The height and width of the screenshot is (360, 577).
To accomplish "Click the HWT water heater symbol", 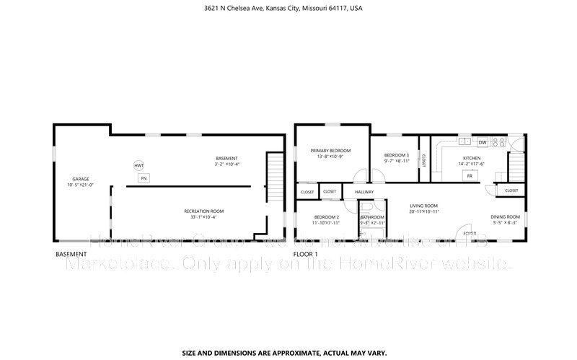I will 138,166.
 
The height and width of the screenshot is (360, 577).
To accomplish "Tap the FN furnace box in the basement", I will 144,177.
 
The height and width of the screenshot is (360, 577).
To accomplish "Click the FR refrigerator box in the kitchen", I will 470,175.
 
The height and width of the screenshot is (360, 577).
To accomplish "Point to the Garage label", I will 80,179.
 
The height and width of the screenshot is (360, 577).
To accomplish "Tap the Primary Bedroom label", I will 330,151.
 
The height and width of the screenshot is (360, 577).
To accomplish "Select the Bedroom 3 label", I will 396,155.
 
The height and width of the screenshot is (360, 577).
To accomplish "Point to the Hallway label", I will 364,192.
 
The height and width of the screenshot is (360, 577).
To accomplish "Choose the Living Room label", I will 424,206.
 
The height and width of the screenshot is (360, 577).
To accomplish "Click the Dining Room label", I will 505,216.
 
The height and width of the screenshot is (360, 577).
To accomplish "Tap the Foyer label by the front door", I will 470,234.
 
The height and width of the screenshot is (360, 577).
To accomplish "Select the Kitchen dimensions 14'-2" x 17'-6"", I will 472,163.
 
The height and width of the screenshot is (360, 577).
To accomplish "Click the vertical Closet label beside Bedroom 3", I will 424,160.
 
